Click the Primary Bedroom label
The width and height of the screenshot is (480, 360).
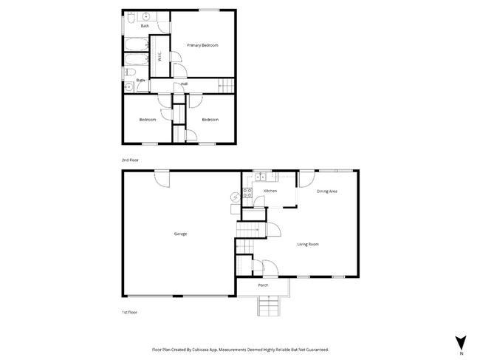click(x=202, y=45)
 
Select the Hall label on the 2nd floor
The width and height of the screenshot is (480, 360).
click(x=183, y=84)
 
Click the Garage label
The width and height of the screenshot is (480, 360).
click(x=180, y=234)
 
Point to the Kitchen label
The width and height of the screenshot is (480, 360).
click(x=270, y=191)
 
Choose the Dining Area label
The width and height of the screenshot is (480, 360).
click(x=327, y=191)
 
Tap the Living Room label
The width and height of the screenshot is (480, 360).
click(x=308, y=244)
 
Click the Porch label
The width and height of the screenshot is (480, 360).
click(x=263, y=285)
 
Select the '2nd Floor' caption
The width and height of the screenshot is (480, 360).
click(x=130, y=160)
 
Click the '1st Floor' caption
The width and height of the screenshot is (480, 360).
click(x=129, y=312)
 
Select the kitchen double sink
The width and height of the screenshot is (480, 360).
click(x=261, y=177)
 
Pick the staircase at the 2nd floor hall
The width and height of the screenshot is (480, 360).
click(x=226, y=86)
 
